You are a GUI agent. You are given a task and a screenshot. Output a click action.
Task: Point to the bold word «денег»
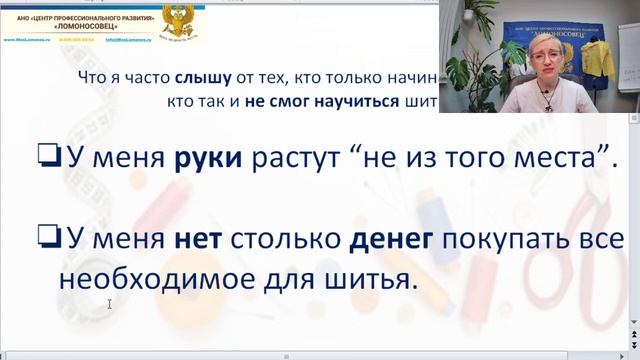click(x=391, y=238)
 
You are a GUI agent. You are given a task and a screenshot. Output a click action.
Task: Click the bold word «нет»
click(x=196, y=238)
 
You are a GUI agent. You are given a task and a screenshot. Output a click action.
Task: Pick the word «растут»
click(x=301, y=158)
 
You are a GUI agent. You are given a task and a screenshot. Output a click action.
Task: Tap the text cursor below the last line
click(x=109, y=304)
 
